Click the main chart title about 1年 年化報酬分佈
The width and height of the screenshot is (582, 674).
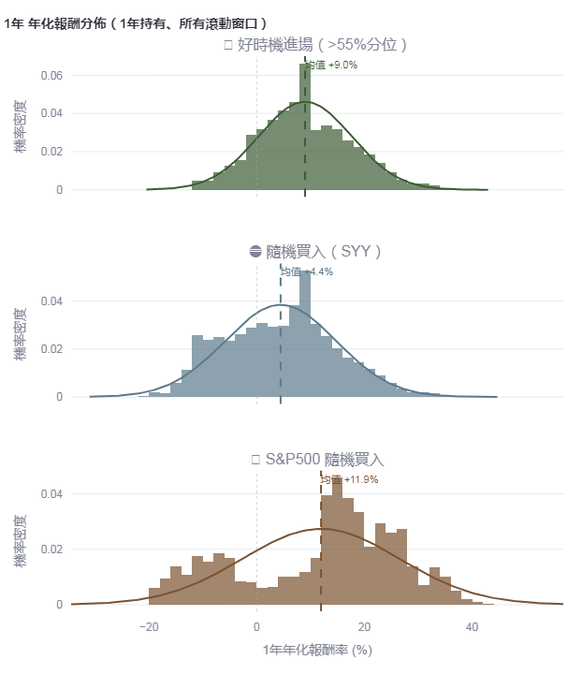pos(136,22)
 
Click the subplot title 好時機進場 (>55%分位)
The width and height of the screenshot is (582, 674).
pos(316,45)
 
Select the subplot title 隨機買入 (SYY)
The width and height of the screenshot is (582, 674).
pos(316,252)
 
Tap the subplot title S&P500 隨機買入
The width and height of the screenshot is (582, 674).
pos(318,460)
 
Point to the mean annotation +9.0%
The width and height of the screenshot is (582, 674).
pos(332,66)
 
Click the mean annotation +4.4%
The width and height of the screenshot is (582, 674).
pos(308,272)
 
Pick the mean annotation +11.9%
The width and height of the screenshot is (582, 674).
pos(349,480)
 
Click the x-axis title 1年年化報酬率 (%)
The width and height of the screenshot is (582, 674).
pos(317,649)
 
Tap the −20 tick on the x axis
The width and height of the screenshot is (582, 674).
pos(148,624)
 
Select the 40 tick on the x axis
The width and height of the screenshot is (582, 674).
pos(473,624)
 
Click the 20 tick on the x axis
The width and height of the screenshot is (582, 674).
pos(364,624)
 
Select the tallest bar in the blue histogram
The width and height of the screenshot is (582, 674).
pos(305,337)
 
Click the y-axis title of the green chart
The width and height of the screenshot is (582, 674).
pos(20,127)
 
